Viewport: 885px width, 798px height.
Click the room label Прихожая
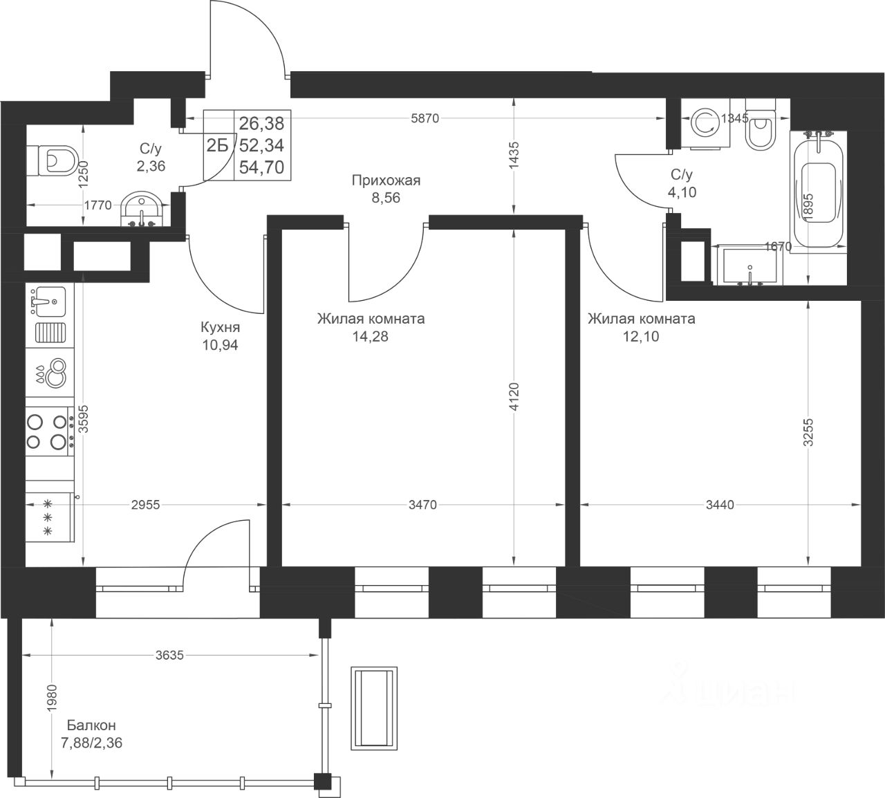pos(386,180)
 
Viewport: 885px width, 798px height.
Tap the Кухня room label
pos(220,328)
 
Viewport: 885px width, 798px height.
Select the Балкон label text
pos(91,725)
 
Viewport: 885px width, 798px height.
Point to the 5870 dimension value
pos(425,118)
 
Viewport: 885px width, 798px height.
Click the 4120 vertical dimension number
pos(514,397)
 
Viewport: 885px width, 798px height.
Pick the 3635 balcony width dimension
pos(169,656)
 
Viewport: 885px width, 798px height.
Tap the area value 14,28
pos(370,337)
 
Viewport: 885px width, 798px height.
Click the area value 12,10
pos(641,337)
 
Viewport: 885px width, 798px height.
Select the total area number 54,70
pos(261,167)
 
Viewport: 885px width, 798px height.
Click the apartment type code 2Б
pos(218,145)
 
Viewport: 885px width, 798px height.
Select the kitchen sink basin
pos(50,301)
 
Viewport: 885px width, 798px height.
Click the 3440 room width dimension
pos(720,505)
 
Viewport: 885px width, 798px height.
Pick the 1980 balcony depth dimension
pos(52,697)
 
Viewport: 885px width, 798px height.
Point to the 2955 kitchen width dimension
pos(146,505)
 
